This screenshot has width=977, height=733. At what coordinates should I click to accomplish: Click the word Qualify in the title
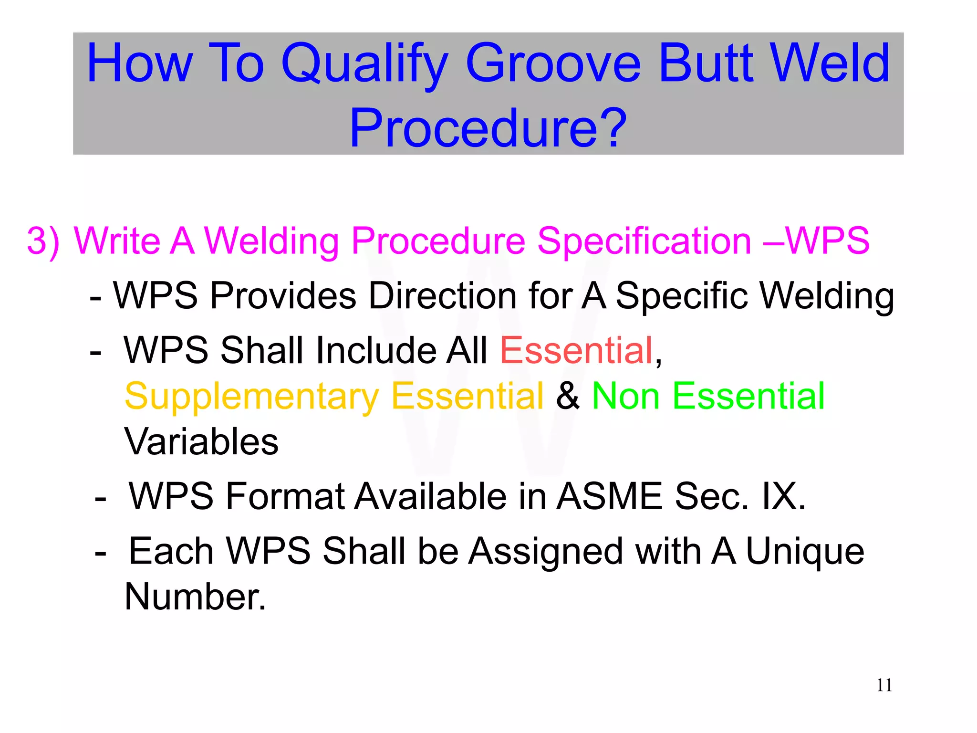click(x=365, y=64)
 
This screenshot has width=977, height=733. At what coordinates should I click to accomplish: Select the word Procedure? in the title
click(x=488, y=128)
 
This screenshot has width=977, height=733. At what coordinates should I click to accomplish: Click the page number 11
click(x=884, y=685)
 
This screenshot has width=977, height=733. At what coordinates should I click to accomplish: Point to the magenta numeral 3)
click(x=43, y=241)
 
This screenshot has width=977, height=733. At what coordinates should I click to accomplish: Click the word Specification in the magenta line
click(x=644, y=241)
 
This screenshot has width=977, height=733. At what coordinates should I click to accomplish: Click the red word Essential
click(x=576, y=350)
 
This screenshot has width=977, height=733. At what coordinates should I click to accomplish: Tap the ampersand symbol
click(x=568, y=396)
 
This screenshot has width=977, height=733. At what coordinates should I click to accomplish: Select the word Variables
click(x=201, y=442)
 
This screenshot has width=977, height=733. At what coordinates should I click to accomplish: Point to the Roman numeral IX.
click(x=782, y=496)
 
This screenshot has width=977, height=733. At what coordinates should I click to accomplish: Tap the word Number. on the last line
click(x=195, y=597)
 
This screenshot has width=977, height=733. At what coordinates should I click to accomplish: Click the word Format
click(x=285, y=496)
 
